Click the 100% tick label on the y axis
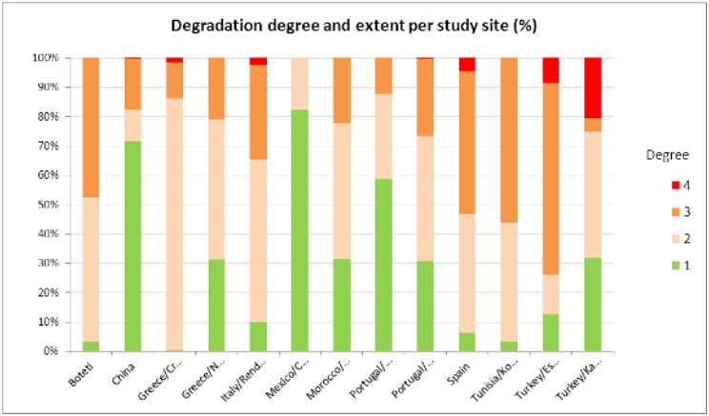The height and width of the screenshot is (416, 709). click(48, 57)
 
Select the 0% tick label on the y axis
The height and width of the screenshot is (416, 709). click(52, 351)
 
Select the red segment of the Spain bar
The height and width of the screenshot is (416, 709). click(467, 64)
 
